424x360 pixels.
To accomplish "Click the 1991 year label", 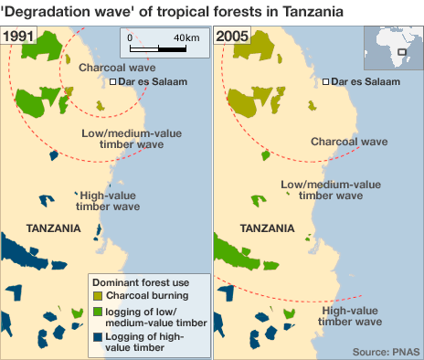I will tap(19, 37).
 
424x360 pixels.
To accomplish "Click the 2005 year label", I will tap(232, 37).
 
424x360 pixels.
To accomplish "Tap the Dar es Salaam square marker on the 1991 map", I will tap(113, 82).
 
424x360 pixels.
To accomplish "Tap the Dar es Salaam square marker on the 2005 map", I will tap(325, 82).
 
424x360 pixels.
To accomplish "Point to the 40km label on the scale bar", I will tap(186, 37).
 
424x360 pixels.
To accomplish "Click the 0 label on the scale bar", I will tap(130, 37).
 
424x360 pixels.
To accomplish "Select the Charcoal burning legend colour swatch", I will tap(96, 295).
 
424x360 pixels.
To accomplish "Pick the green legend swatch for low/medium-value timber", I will tap(96, 311).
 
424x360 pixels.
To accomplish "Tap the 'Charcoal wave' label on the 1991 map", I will tap(117, 68).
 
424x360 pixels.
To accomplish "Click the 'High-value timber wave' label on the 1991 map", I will tap(107, 201).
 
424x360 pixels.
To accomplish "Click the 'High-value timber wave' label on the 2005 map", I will tap(352, 315).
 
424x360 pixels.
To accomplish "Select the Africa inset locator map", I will tap(392, 50).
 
